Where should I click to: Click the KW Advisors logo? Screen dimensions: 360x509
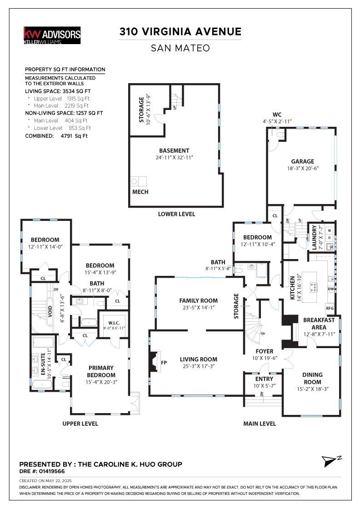(x=52, y=35)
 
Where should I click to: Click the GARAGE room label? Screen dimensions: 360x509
(x=303, y=161)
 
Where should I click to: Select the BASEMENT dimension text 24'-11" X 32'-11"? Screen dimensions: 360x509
(x=174, y=157)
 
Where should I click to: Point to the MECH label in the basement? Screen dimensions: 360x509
(x=140, y=192)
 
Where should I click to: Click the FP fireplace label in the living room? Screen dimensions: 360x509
(x=164, y=362)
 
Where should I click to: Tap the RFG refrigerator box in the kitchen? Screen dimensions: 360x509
(x=330, y=308)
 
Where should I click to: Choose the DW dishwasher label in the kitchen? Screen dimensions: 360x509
(x=331, y=289)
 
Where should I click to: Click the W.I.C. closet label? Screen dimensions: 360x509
(x=114, y=323)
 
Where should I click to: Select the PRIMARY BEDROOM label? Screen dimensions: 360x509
(x=101, y=371)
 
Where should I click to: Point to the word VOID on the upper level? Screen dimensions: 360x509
(x=50, y=311)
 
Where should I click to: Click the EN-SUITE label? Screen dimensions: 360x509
(x=43, y=364)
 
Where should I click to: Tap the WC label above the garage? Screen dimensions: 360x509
(x=277, y=115)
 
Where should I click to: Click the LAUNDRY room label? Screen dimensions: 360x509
(x=314, y=238)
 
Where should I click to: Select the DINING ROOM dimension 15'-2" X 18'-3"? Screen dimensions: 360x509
(x=313, y=389)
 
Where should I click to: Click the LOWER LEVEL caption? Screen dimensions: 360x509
(x=177, y=214)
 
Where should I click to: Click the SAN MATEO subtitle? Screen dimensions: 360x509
(x=180, y=48)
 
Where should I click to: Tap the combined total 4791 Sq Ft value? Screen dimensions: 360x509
(x=74, y=136)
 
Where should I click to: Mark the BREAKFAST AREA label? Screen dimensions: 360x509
(x=319, y=324)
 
